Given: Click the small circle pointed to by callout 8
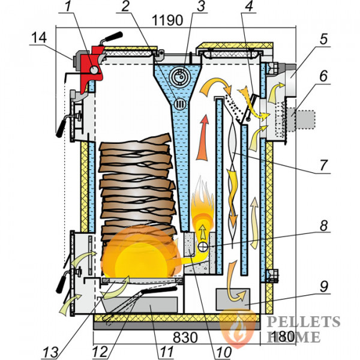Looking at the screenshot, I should click(x=203, y=247).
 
